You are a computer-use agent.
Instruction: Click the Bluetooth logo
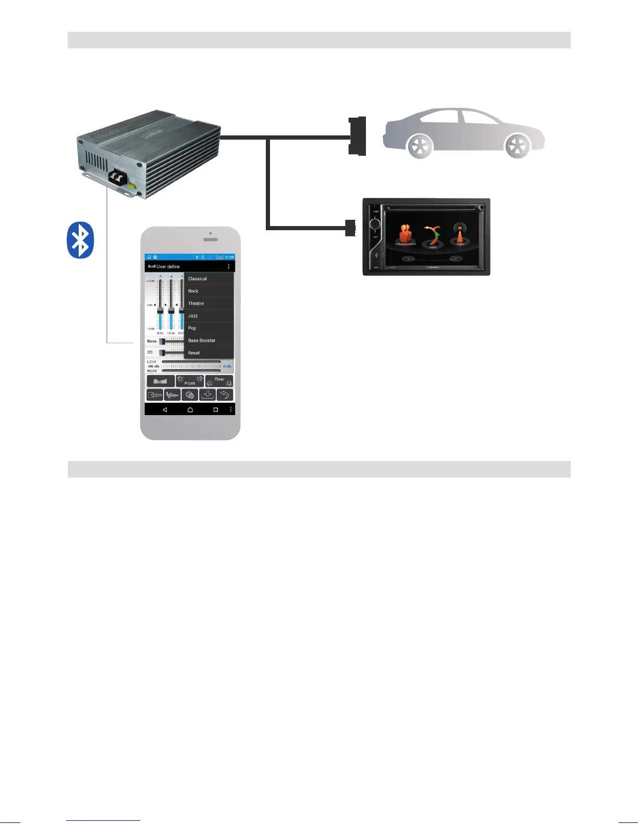[x=80, y=240]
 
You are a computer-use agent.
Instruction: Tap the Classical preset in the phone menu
[x=198, y=279]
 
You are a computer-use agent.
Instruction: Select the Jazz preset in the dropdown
[x=193, y=316]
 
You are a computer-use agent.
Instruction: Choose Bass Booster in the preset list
[x=202, y=341]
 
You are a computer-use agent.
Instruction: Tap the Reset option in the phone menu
[x=194, y=353]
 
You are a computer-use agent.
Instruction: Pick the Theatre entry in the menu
[x=196, y=304]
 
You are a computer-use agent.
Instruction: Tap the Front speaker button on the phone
[x=190, y=381]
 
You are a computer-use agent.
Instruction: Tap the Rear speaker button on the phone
[x=219, y=381]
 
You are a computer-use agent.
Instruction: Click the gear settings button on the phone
[x=190, y=395]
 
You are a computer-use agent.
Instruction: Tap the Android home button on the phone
[x=190, y=410]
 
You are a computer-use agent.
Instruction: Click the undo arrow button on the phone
[x=225, y=395]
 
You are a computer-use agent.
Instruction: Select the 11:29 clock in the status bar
[x=229, y=257]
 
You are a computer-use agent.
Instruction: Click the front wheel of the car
[x=518, y=146]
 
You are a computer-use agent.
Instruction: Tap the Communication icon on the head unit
[x=406, y=234]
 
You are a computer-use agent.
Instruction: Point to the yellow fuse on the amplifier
[x=132, y=185]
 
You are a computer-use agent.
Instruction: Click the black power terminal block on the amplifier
[x=119, y=179]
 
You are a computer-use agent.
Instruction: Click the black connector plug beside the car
[x=358, y=136]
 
